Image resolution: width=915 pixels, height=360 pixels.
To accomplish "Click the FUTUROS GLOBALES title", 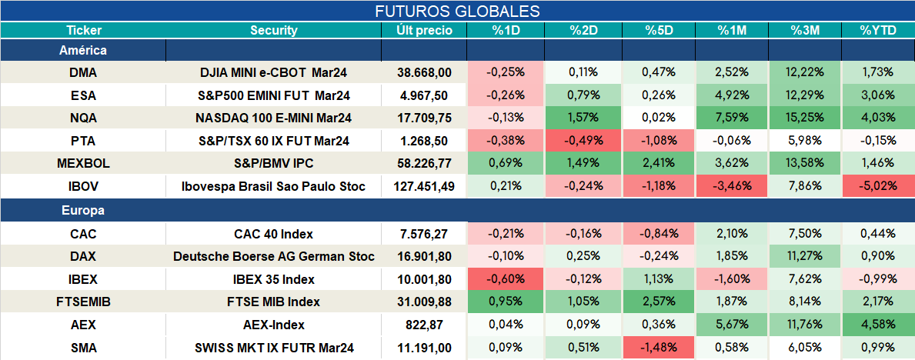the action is tap(457, 11).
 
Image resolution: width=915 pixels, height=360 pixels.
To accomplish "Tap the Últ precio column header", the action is tap(424, 31).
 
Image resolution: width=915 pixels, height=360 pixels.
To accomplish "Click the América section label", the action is tap(83, 51).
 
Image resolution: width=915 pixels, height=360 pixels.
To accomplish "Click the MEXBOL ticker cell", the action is tap(83, 164).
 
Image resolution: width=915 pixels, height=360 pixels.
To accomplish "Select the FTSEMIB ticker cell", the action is tap(83, 302).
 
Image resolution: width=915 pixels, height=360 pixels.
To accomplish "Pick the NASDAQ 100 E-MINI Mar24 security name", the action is tap(274, 118).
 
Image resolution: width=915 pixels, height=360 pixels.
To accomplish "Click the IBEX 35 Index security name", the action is tap(274, 279).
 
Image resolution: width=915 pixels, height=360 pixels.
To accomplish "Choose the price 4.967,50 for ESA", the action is tap(424, 95).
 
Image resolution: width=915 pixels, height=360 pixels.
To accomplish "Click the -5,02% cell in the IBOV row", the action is tap(878, 187).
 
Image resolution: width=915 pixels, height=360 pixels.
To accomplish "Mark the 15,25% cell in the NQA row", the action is tap(805, 118).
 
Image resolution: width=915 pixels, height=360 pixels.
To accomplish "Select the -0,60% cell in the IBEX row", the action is tap(505, 279).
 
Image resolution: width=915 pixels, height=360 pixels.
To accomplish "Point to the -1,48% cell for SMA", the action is tap(658, 348).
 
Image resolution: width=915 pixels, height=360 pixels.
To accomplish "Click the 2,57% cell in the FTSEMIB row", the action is tap(658, 302).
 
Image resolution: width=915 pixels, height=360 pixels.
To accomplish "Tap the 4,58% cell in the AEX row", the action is tap(878, 325).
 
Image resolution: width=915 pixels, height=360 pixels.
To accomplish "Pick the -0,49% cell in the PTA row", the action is tap(583, 142).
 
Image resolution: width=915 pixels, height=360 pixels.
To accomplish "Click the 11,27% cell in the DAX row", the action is tap(805, 256).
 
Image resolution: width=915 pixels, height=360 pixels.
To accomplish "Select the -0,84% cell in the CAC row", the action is tap(658, 234).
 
